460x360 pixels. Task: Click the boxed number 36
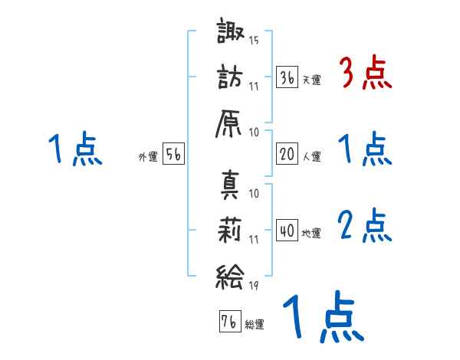point(287,77)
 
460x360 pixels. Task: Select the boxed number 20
point(287,155)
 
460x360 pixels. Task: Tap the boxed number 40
point(287,231)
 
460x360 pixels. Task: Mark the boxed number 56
point(173,155)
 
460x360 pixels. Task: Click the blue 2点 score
point(365,226)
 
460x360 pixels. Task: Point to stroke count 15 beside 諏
point(254,40)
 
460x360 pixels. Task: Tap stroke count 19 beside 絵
point(254,286)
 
